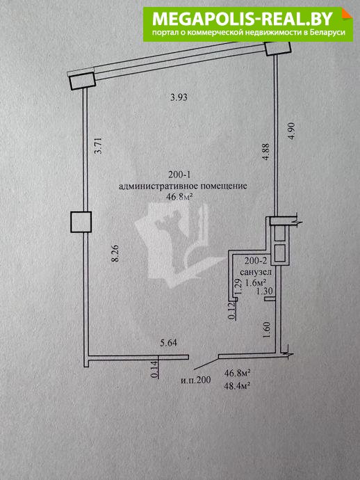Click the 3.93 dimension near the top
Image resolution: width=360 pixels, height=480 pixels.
(x=179, y=97)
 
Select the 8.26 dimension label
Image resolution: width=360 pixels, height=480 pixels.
(x=115, y=254)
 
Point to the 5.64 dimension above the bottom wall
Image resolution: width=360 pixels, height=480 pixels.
(x=168, y=342)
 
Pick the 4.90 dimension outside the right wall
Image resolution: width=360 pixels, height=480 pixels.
(x=291, y=131)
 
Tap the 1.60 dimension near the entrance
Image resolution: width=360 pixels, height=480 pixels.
(x=267, y=330)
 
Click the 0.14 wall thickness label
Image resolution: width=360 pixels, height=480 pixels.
(x=155, y=369)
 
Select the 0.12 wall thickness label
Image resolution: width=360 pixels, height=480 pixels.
(x=232, y=311)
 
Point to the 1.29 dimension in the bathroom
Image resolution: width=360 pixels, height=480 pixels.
(x=240, y=287)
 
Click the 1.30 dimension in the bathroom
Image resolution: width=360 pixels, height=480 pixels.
(x=264, y=291)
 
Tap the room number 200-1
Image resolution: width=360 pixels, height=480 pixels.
(x=179, y=175)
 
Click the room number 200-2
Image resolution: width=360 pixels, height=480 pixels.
(x=256, y=261)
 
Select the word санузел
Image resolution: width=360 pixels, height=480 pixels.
(x=256, y=272)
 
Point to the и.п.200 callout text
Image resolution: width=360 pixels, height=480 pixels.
(x=196, y=381)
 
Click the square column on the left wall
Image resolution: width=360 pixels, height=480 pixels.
(x=81, y=222)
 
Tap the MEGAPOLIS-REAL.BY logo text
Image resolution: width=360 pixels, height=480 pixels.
(x=243, y=19)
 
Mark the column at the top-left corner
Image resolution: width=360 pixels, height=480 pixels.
(x=83, y=81)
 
